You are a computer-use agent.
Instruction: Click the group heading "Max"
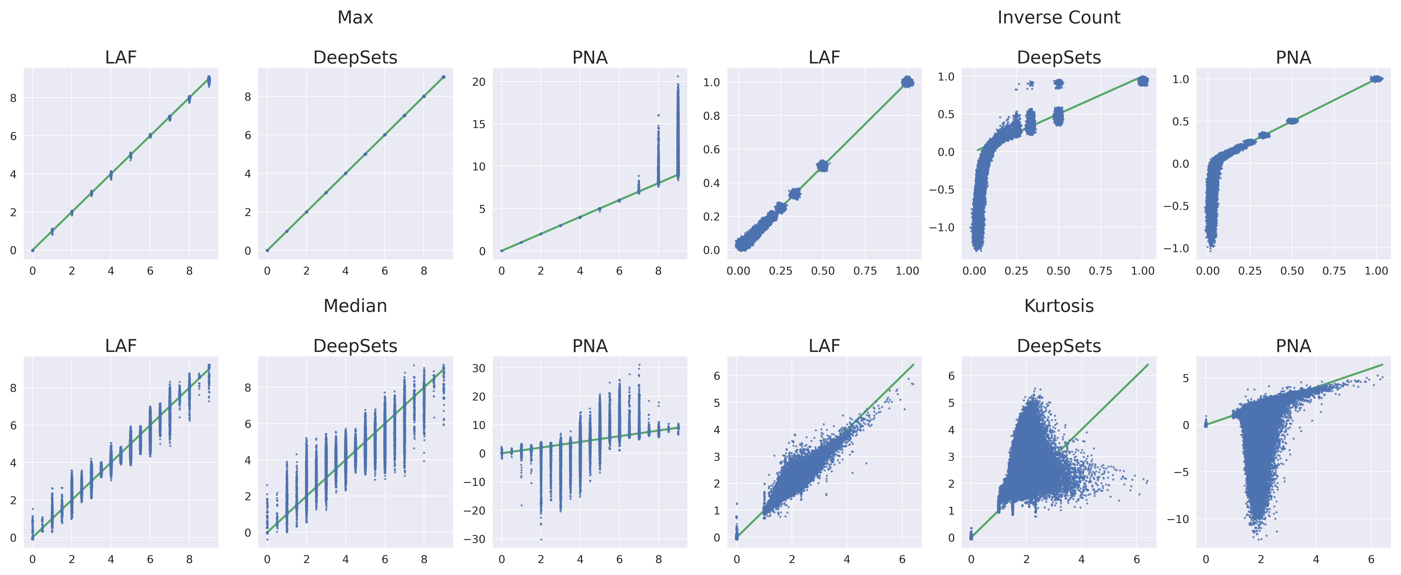tap(355, 17)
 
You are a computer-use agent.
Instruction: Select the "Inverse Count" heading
tap(1058, 17)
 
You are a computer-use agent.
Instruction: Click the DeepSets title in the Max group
tap(355, 58)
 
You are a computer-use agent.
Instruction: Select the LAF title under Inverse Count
tap(824, 58)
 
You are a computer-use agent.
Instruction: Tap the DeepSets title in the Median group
tap(355, 346)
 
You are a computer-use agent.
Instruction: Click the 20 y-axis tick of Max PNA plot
tap(479, 82)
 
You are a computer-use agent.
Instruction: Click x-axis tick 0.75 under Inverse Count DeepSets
tap(1100, 271)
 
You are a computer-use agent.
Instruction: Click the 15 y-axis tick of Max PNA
tap(479, 124)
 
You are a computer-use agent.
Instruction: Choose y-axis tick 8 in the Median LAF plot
tap(13, 388)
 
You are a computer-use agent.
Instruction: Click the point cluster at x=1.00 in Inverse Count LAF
tap(907, 82)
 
